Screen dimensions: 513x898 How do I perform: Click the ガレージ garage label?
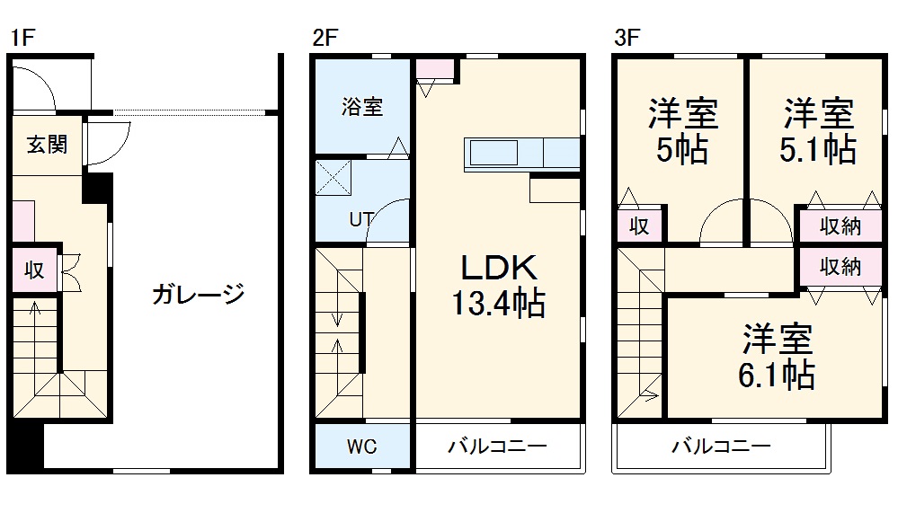(198, 294)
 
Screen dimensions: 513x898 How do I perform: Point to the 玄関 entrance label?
(46, 144)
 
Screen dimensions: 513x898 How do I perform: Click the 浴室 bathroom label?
(362, 106)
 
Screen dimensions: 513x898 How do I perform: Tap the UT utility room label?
(362, 218)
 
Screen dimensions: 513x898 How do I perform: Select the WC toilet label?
(362, 447)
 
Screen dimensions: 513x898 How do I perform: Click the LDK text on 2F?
(499, 268)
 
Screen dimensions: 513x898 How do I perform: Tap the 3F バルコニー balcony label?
(721, 447)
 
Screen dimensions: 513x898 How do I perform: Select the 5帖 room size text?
(681, 149)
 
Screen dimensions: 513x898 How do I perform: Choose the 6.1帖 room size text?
(777, 374)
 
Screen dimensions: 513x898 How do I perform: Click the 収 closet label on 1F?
(34, 270)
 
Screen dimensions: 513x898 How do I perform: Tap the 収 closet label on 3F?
(639, 226)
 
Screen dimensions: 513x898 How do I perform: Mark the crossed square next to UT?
(333, 177)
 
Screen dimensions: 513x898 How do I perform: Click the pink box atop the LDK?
(436, 68)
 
